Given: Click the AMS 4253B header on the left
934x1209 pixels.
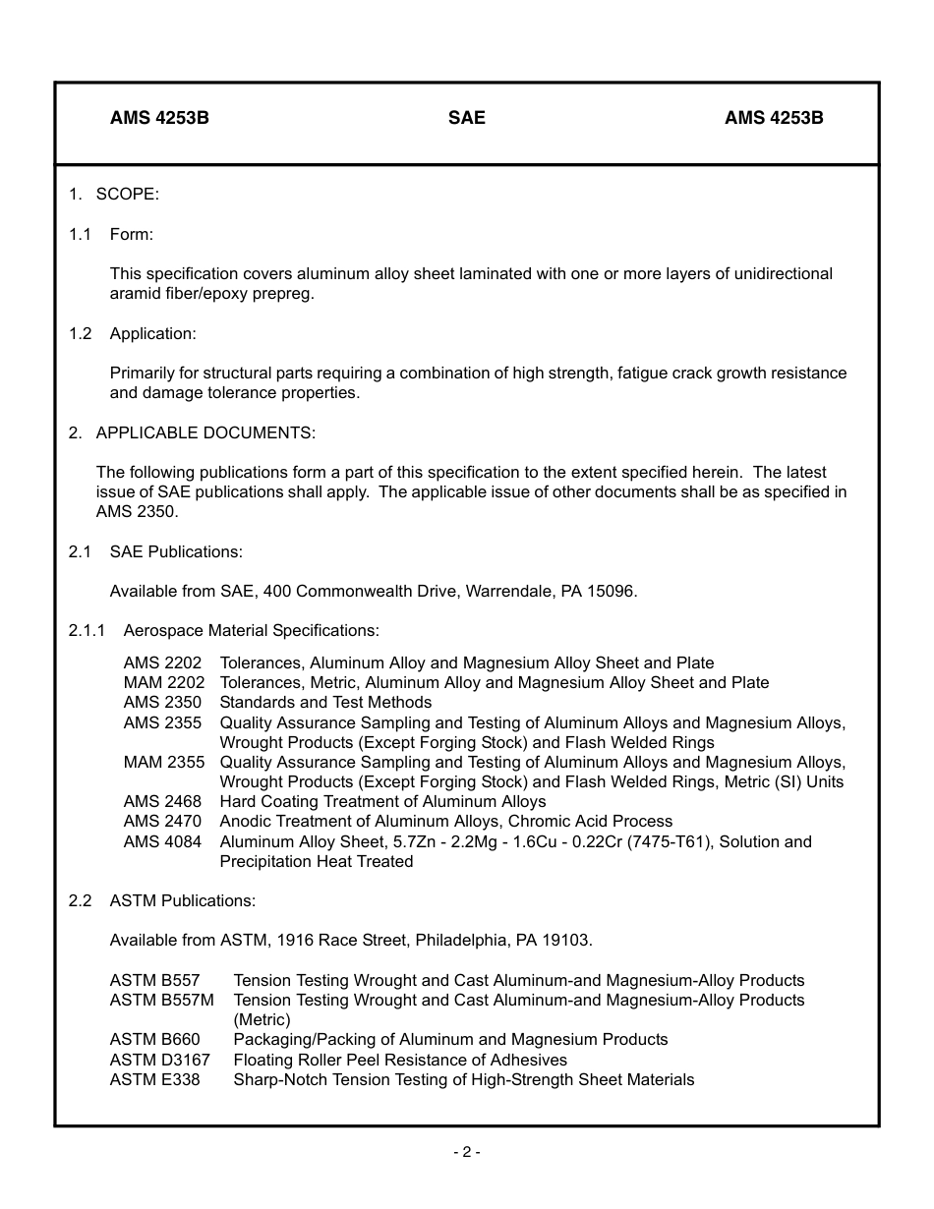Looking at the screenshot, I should pyautogui.click(x=159, y=118).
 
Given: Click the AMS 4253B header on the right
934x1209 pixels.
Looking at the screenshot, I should pyautogui.click(x=774, y=118).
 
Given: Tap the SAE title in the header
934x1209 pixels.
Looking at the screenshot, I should pyautogui.click(x=466, y=118).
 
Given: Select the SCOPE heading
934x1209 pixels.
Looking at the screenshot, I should pyautogui.click(x=127, y=195).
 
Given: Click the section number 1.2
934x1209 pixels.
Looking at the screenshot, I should pyautogui.click(x=80, y=333).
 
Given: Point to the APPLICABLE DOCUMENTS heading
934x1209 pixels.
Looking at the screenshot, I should pyautogui.click(x=205, y=432).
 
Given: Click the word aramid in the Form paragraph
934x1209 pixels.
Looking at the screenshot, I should pyautogui.click(x=134, y=293).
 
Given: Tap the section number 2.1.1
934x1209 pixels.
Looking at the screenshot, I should pyautogui.click(x=87, y=630).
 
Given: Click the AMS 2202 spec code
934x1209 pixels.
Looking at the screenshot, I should pyautogui.click(x=162, y=662).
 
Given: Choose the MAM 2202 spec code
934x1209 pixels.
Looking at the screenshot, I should pyautogui.click(x=164, y=682).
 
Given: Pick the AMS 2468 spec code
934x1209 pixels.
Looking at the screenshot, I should pyautogui.click(x=162, y=801).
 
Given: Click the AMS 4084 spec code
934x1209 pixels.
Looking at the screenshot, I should pyautogui.click(x=162, y=841).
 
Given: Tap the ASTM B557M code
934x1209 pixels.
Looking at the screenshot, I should pyautogui.click(x=161, y=1000).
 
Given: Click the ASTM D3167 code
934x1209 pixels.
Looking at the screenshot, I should pyautogui.click(x=159, y=1060).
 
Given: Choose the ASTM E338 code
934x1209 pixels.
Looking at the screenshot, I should pyautogui.click(x=154, y=1079).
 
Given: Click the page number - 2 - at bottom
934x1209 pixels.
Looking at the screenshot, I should pyautogui.click(x=466, y=1152).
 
